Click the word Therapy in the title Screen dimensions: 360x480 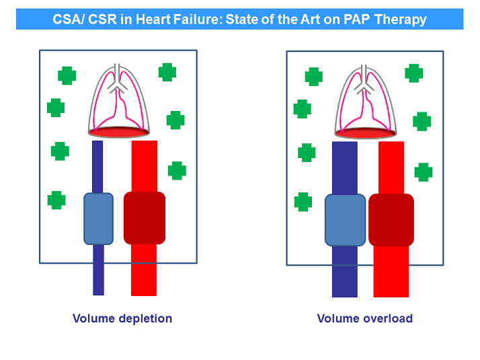[x=402, y=20]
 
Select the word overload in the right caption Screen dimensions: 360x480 [x=388, y=318]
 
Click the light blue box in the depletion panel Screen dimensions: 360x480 [x=98, y=218]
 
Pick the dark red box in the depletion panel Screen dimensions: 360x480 [x=144, y=218]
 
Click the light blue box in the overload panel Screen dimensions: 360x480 [x=345, y=220]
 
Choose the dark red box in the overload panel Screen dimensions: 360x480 [x=391, y=220]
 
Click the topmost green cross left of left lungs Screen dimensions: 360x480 [x=67, y=75]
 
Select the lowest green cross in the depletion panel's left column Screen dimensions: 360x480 [x=56, y=200]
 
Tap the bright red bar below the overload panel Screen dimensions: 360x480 [x=391, y=276]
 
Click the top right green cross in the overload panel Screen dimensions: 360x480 [x=414, y=73]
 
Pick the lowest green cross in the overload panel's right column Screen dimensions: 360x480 [x=424, y=172]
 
